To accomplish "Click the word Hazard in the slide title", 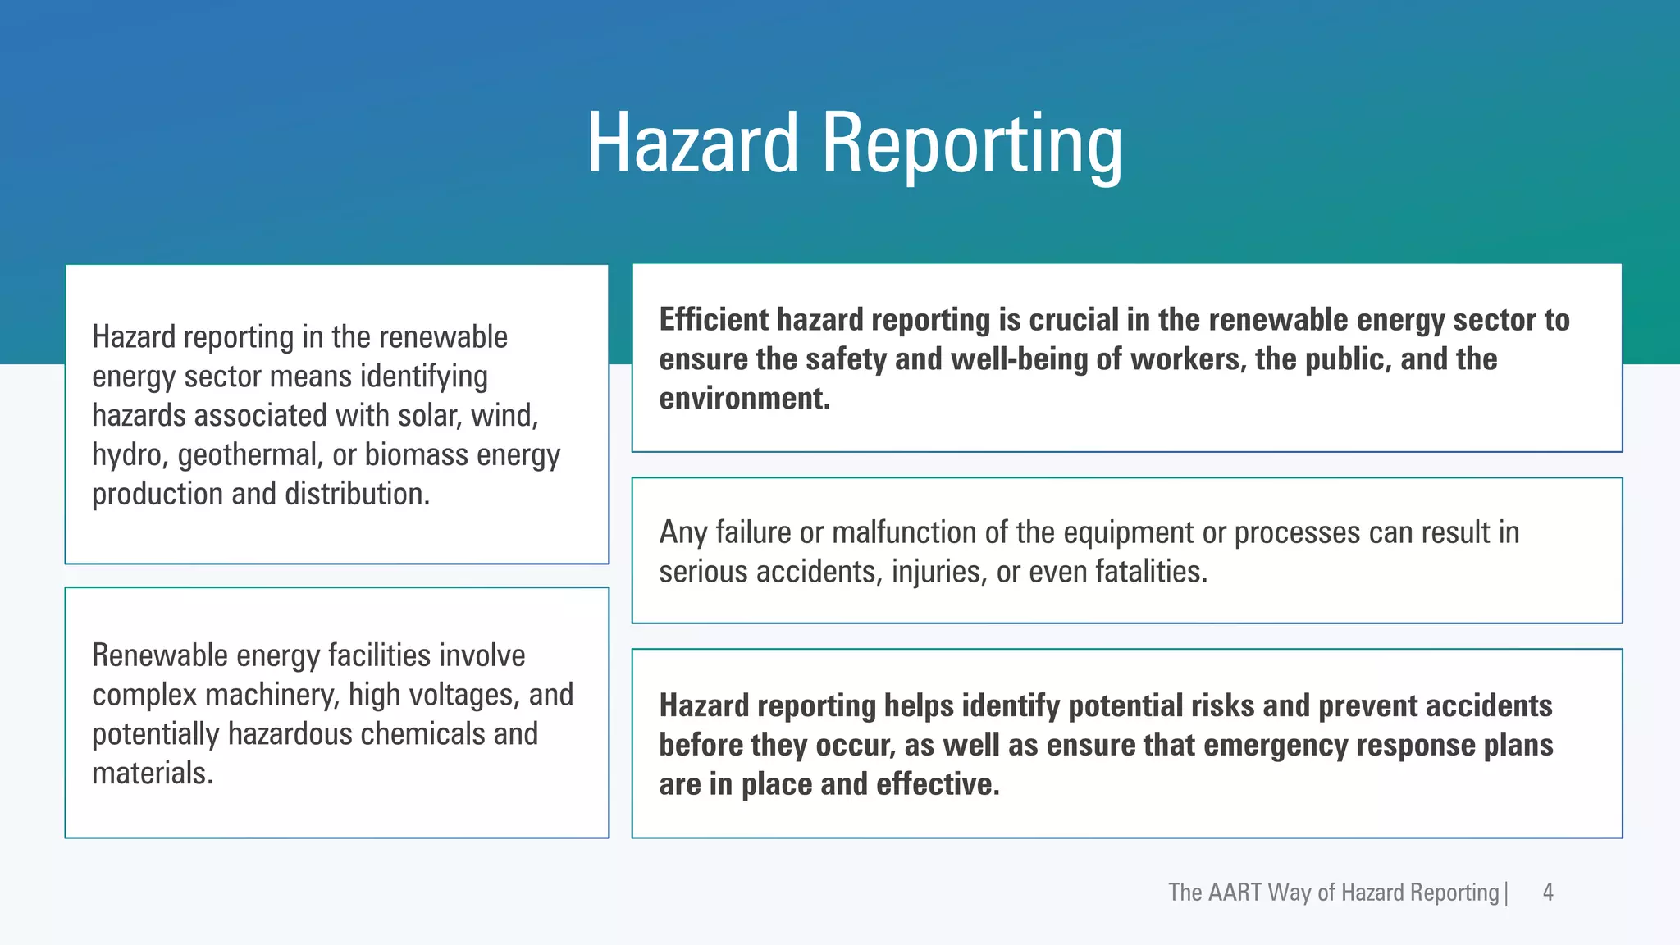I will pyautogui.click(x=692, y=144).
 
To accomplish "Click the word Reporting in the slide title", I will pyautogui.click(x=971, y=146).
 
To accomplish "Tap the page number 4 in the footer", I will pyautogui.click(x=1548, y=892).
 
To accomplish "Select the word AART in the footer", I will pyautogui.click(x=1234, y=892).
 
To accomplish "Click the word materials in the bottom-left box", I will pyautogui.click(x=153, y=774).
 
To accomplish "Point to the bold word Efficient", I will pyautogui.click(x=714, y=320).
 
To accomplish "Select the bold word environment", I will pyautogui.click(x=744, y=399).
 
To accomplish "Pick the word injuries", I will pyautogui.click(x=938, y=573).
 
